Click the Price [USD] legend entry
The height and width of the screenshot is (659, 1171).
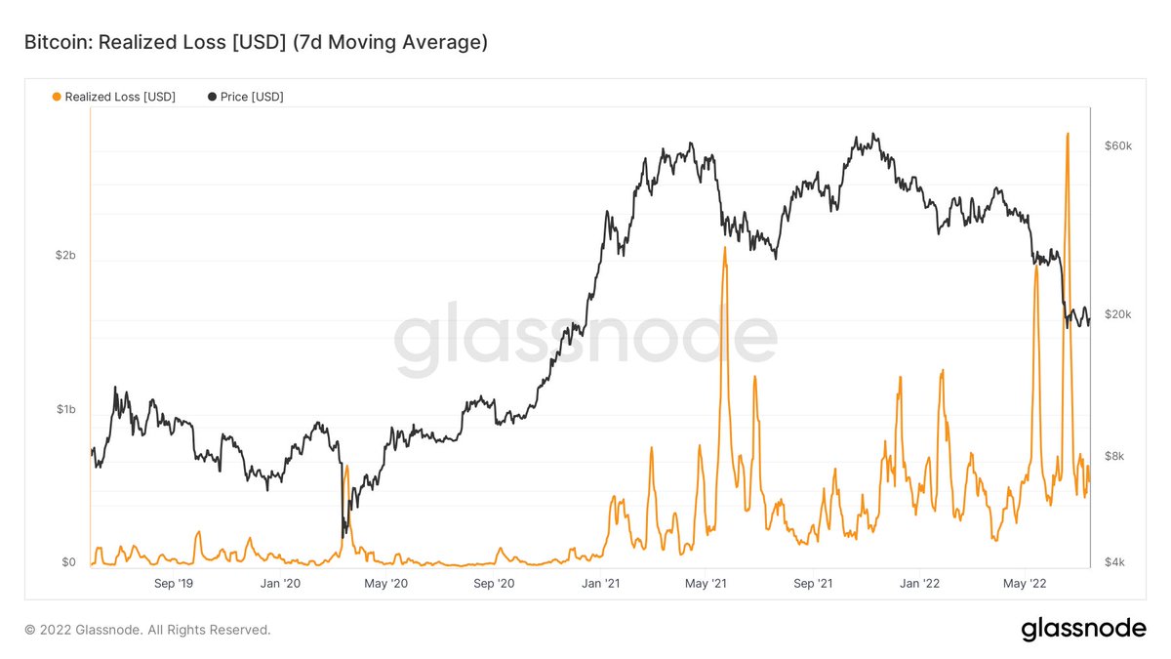[x=245, y=97]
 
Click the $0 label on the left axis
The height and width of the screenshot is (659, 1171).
[x=67, y=562]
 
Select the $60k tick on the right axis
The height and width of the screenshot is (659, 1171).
[x=1116, y=145]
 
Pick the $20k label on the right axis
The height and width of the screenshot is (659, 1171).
[x=1116, y=314]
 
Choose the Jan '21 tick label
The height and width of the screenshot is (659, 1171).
[x=600, y=584]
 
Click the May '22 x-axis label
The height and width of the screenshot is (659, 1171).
[x=1025, y=584]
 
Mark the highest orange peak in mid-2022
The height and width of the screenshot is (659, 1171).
[x=1068, y=134]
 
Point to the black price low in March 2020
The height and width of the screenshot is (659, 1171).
[x=343, y=536]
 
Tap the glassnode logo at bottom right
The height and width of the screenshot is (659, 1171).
[x=1083, y=630]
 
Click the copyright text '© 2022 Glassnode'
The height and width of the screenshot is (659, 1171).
[x=147, y=630]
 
